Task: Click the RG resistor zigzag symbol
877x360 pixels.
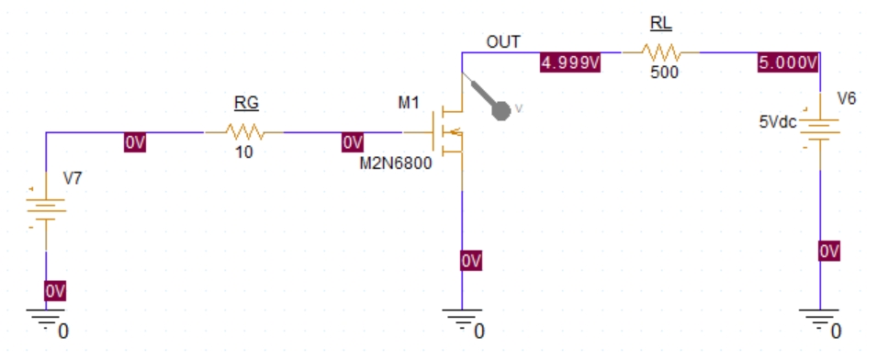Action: tap(244, 132)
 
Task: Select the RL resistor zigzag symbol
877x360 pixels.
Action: tap(660, 53)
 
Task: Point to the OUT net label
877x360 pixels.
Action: tap(503, 41)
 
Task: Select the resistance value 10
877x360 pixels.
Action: tap(243, 152)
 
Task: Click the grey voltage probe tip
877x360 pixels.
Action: tap(500, 110)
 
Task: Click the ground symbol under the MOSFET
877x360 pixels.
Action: tap(461, 319)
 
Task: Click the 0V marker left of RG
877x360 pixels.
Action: tap(136, 142)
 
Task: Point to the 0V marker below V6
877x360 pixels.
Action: tap(828, 252)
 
